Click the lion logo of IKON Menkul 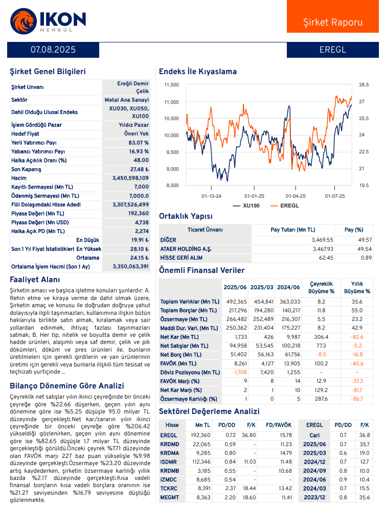(23, 20)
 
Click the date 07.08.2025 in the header (53, 50)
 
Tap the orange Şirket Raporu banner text (333, 22)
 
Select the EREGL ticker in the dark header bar (333, 50)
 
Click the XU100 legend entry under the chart (246, 205)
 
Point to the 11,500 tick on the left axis (171, 85)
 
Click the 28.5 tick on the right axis (364, 85)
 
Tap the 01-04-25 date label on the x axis (296, 196)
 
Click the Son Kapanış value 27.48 (139, 169)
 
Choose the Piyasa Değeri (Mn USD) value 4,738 (142, 222)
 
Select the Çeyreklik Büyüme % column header (321, 287)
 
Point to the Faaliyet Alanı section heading (35, 280)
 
